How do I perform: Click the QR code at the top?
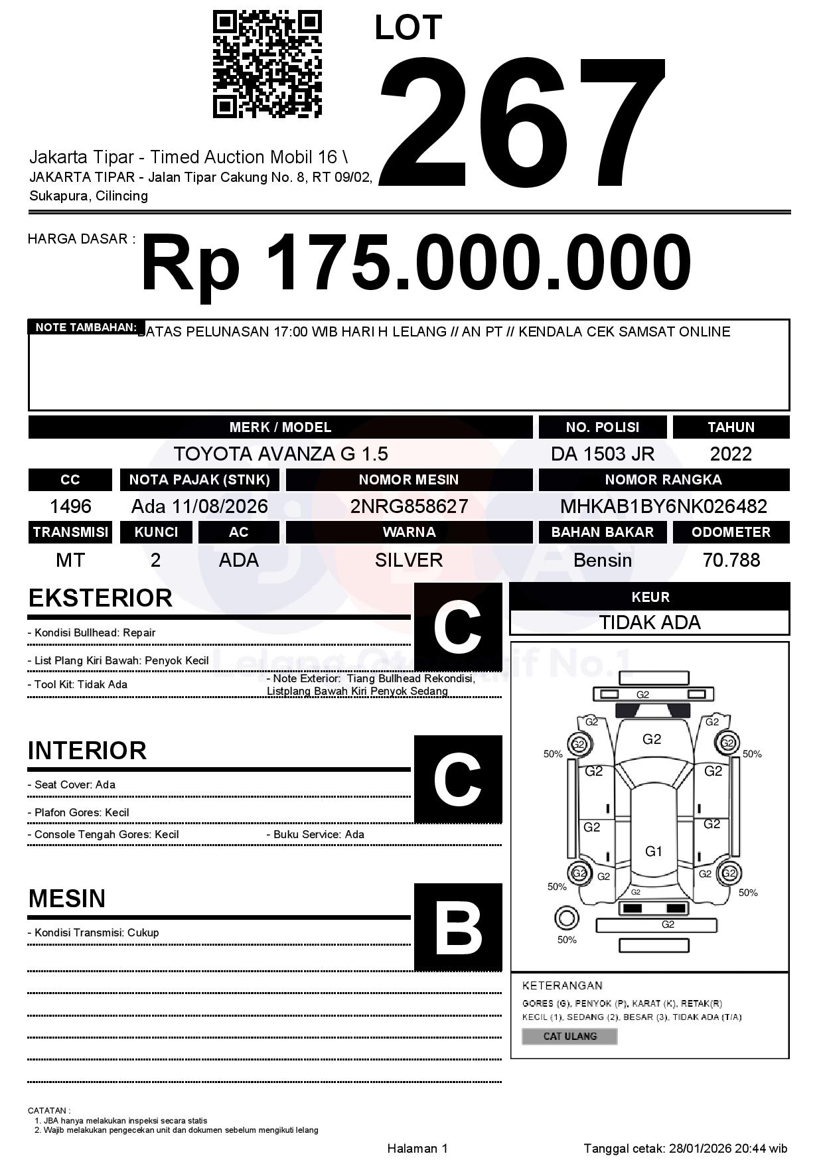pos(267,64)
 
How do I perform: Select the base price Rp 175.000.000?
pos(416,263)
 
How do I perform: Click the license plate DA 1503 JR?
pos(602,454)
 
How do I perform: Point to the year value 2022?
pos(731,454)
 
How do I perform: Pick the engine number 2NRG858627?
pos(409,506)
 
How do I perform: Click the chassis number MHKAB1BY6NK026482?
pos(664,506)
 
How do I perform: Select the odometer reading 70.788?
pos(731,560)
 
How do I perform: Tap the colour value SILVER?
pos(409,560)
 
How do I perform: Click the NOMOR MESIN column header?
pos(409,480)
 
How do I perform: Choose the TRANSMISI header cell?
pos(70,532)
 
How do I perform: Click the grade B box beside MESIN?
pos(458,927)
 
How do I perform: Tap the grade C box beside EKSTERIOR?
pos(458,627)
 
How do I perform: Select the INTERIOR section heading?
pos(87,751)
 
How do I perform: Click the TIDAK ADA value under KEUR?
pos(650,622)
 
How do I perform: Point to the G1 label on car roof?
pos(654,851)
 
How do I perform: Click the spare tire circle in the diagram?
pos(566,918)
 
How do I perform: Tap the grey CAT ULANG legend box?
pos(569,1036)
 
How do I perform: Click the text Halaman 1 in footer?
pos(417,1149)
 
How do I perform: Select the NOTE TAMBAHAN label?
pos(86,327)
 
